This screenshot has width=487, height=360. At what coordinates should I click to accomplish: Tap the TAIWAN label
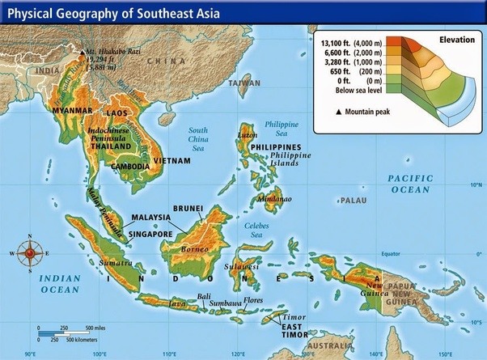(x=244, y=83)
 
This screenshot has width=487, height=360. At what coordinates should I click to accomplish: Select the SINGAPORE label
(x=150, y=234)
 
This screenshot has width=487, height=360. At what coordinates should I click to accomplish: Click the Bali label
(x=205, y=296)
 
